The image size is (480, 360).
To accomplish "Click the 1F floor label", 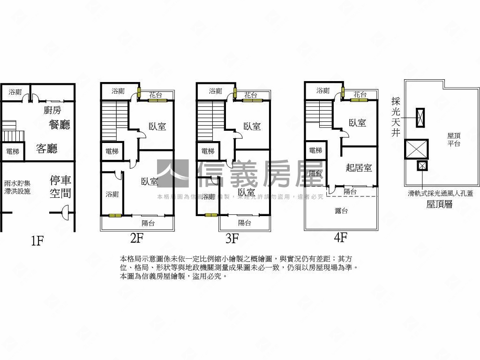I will pyautogui.click(x=37, y=241).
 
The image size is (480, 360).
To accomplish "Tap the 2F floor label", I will pyautogui.click(x=136, y=239).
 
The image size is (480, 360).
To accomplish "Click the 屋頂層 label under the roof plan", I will pyautogui.click(x=439, y=204).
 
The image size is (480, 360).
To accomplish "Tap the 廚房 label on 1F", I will pyautogui.click(x=52, y=110).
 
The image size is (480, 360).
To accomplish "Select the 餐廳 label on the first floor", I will pyautogui.click(x=60, y=125).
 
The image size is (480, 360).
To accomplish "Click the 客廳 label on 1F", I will pyautogui.click(x=47, y=149).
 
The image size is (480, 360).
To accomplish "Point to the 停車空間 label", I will pyautogui.click(x=60, y=187).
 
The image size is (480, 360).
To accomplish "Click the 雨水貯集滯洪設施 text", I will pyautogui.click(x=17, y=187).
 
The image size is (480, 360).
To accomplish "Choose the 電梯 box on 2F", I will pyautogui.click(x=112, y=151).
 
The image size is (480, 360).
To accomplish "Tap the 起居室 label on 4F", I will pyautogui.click(x=359, y=168).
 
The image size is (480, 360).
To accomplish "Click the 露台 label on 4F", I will pyautogui.click(x=341, y=211).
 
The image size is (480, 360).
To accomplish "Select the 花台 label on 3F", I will pyautogui.click(x=250, y=95).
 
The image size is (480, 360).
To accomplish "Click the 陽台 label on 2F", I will pyautogui.click(x=148, y=223).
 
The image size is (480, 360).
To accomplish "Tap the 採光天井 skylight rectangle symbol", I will pyautogui.click(x=420, y=117).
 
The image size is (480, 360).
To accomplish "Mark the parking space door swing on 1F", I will pyautogui.click(x=67, y=215).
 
